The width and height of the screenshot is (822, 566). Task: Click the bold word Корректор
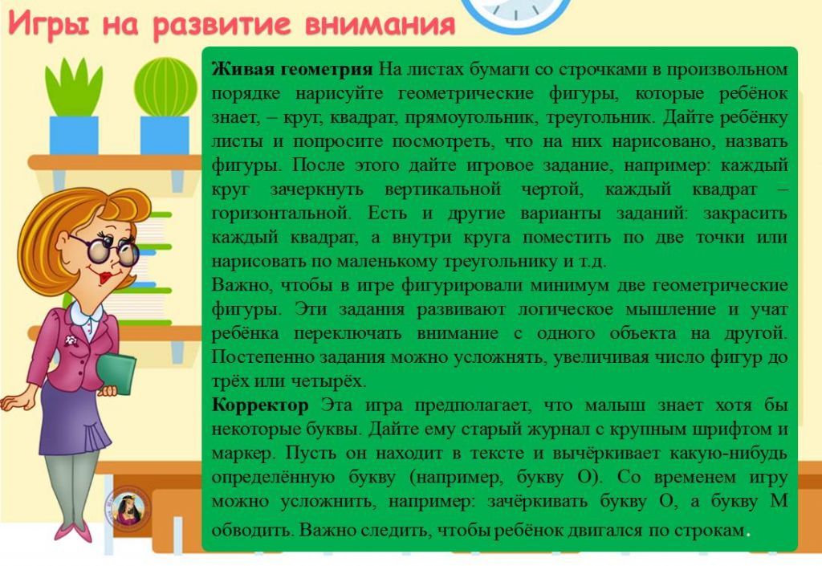pos(260,405)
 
